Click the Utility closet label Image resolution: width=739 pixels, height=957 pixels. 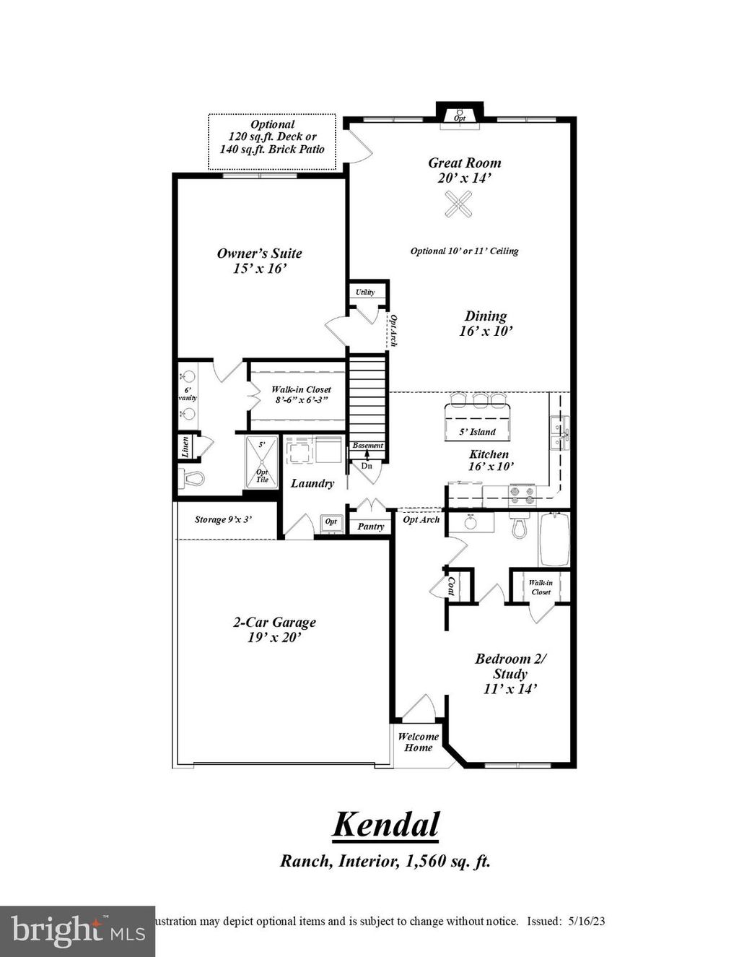click(x=365, y=293)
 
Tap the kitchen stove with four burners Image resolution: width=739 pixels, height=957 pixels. click(x=523, y=495)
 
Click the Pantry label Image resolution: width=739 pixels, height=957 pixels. click(x=371, y=527)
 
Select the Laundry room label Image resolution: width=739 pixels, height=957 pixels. click(x=312, y=483)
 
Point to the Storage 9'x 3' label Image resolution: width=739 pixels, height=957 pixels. click(x=224, y=519)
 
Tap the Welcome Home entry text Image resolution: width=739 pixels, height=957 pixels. click(x=418, y=742)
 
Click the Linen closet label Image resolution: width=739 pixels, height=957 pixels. click(x=185, y=447)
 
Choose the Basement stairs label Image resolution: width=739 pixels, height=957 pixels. click(x=367, y=446)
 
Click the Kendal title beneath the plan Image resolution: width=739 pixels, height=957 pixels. click(x=385, y=824)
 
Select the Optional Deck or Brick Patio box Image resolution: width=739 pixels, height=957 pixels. click(x=272, y=141)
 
